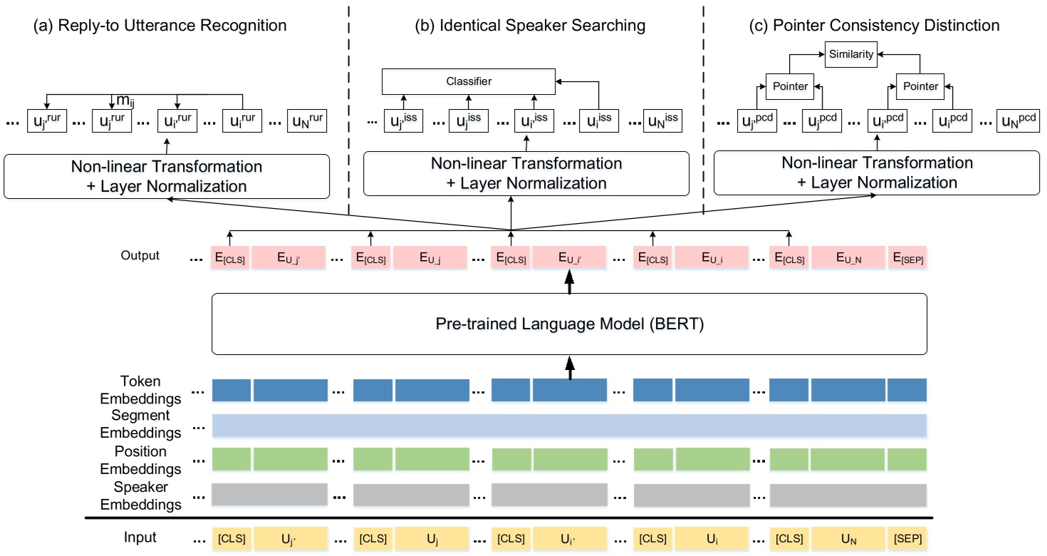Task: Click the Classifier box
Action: coord(468,81)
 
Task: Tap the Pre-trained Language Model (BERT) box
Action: coord(569,324)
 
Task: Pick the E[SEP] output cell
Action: coord(907,257)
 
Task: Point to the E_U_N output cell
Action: coord(847,257)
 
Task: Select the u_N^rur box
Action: coord(307,121)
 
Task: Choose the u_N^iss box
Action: coord(662,121)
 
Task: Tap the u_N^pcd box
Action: coord(1018,121)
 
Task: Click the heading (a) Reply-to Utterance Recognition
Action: coord(160,26)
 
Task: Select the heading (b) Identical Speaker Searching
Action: coord(530,26)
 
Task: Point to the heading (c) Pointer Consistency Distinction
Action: coord(875,26)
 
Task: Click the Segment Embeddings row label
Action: coord(140,423)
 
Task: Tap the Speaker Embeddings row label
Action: coord(140,496)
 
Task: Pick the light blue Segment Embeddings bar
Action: coord(569,425)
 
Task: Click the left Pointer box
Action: coord(790,86)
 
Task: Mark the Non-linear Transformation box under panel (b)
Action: coord(526,173)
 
